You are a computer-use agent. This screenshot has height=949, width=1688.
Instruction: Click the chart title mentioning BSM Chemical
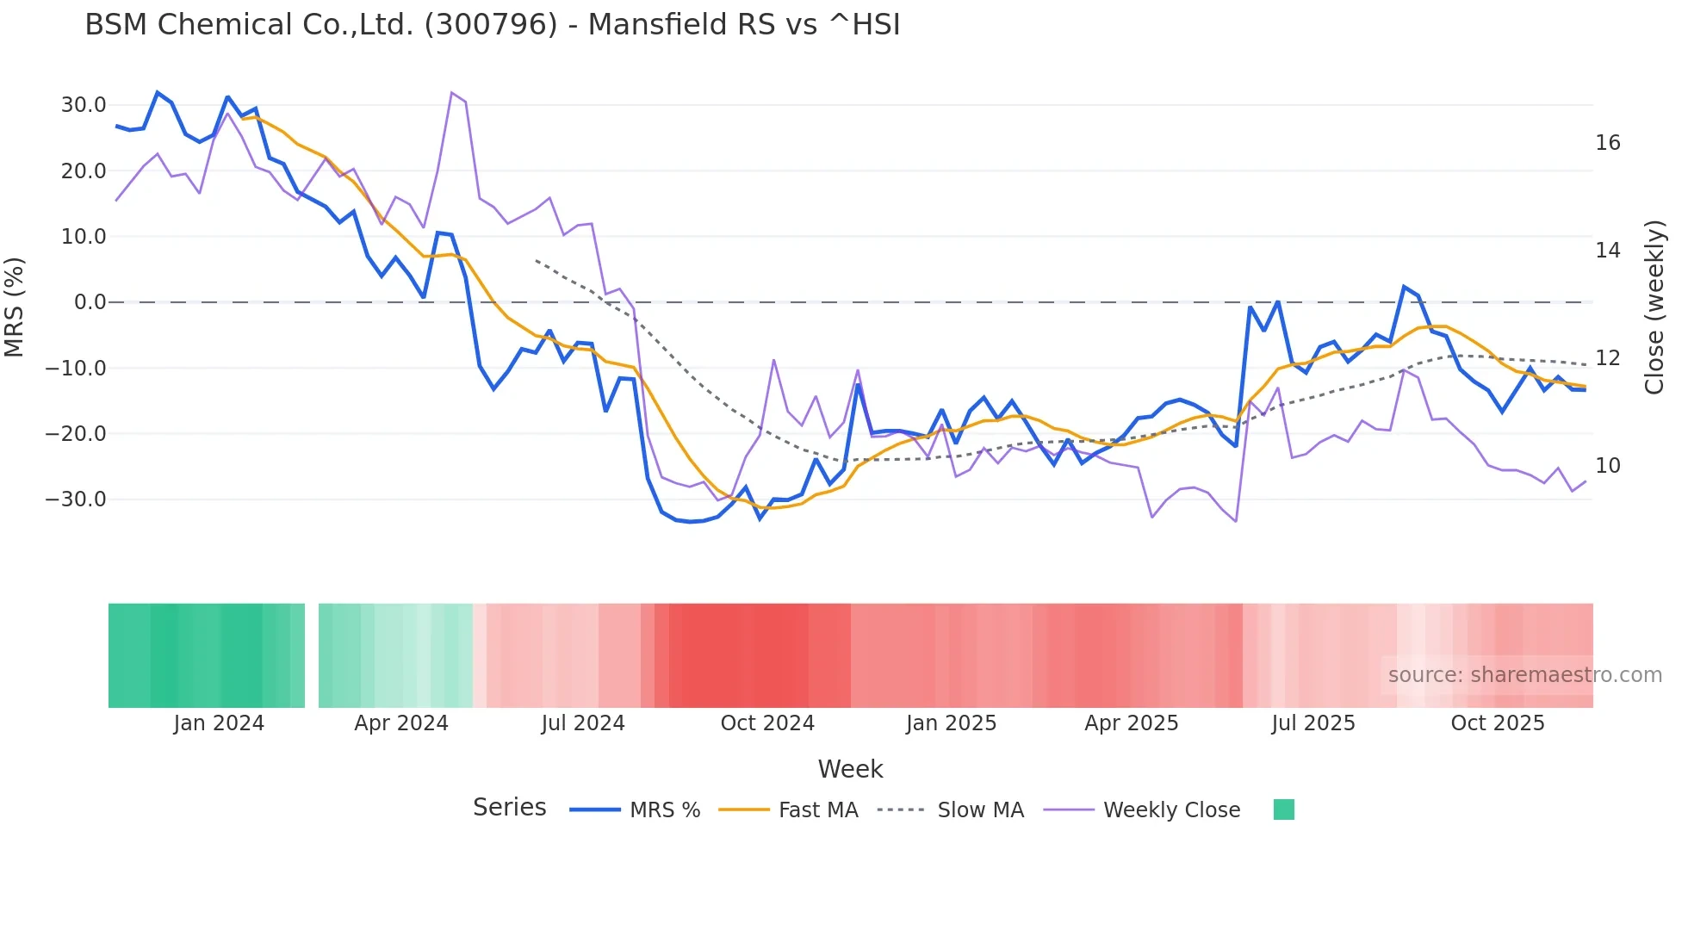[x=492, y=25]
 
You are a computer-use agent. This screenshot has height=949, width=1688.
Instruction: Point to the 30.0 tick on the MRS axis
[x=84, y=105]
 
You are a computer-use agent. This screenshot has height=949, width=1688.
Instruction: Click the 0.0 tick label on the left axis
[x=90, y=302]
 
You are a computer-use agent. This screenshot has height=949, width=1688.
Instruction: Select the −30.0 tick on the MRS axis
[x=76, y=499]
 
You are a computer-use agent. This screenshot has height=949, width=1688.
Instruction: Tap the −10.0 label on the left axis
[x=76, y=369]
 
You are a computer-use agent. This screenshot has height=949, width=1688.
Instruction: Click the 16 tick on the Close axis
[x=1607, y=143]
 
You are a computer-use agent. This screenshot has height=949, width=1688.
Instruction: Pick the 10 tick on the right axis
[x=1607, y=466]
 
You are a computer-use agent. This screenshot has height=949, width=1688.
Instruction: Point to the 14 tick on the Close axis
[x=1607, y=251]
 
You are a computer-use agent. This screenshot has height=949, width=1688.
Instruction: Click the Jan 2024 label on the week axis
[x=219, y=723]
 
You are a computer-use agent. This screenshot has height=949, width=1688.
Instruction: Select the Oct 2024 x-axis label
[x=767, y=723]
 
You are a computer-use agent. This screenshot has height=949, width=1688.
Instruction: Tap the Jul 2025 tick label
[x=1313, y=723]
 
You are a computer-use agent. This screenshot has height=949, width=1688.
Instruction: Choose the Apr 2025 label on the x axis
[x=1131, y=723]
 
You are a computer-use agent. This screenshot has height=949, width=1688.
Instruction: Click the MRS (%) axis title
[x=15, y=307]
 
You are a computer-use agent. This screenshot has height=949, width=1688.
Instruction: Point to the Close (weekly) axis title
[x=1654, y=307]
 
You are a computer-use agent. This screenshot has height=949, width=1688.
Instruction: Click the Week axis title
[x=850, y=769]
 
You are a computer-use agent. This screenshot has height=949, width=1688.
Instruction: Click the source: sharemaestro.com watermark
[x=1524, y=675]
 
